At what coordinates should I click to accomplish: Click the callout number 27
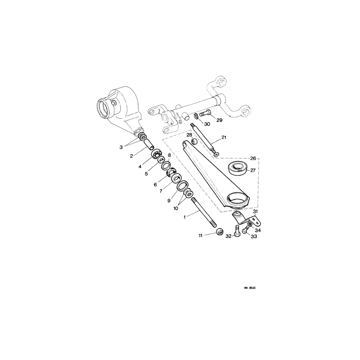click(253, 171)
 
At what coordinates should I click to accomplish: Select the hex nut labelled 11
click(220, 232)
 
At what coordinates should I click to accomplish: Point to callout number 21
click(224, 138)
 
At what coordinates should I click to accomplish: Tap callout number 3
click(121, 147)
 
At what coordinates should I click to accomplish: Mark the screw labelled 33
click(246, 229)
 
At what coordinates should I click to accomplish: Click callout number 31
click(256, 211)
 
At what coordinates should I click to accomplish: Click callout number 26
click(253, 158)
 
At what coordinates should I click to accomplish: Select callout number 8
click(170, 155)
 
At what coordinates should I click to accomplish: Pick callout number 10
click(176, 208)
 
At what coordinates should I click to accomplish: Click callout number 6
click(155, 184)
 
